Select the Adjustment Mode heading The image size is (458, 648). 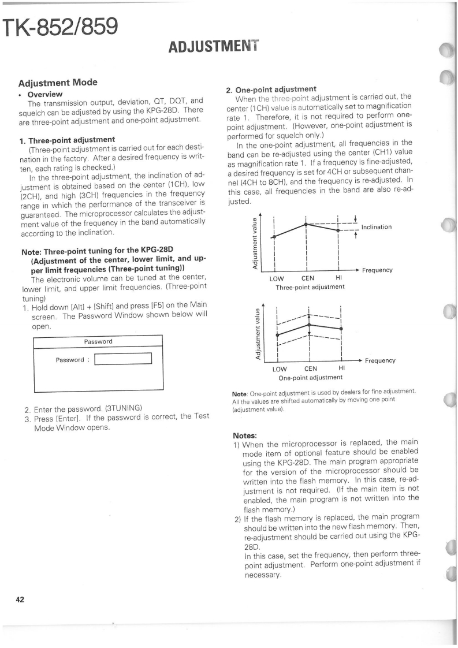pos(58,83)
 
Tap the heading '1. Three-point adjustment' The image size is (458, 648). pos(67,139)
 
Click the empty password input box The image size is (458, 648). pos(122,360)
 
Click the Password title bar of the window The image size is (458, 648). pos(98,341)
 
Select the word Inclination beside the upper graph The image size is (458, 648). pos(376,227)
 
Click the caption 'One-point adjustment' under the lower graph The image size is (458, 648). pos(310,378)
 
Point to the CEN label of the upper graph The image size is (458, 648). pos(308,278)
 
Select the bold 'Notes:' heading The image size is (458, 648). pos(245,435)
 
